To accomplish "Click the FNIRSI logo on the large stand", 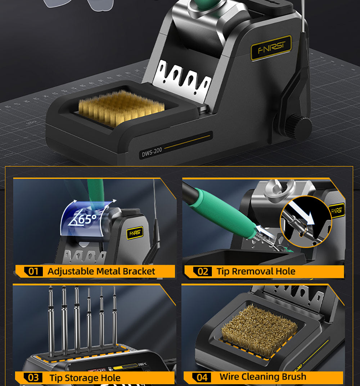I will tap(270, 48).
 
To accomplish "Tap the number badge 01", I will tap(33, 271).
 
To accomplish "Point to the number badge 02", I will tap(203, 272).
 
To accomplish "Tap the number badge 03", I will tap(33, 378).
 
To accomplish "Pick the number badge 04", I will tap(202, 377).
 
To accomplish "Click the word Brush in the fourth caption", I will tap(293, 377).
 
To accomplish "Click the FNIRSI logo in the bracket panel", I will tap(135, 233).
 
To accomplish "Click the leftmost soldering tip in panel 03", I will tap(51, 317).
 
